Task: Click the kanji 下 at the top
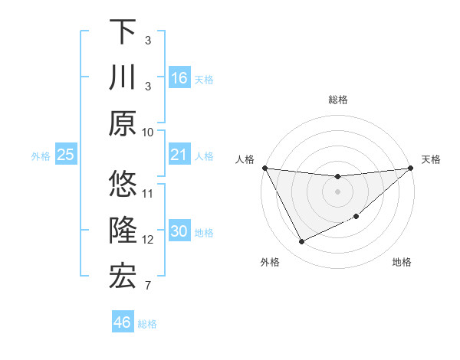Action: click(123, 31)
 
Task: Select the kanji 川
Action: click(123, 78)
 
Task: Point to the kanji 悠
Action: click(123, 185)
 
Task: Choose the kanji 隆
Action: click(123, 231)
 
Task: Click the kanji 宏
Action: click(123, 277)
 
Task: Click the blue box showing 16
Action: click(179, 78)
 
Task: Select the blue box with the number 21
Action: click(179, 155)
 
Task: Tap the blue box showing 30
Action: click(179, 232)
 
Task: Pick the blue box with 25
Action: click(66, 155)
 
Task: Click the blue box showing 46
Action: click(123, 322)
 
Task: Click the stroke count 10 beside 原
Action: click(148, 133)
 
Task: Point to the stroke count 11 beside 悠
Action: click(148, 193)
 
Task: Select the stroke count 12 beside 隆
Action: click(148, 240)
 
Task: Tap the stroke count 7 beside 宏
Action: click(148, 286)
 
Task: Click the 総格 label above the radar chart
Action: click(337, 100)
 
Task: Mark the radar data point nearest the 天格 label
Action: click(411, 169)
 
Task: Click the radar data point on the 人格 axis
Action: click(265, 168)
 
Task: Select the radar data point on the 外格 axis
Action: click(301, 242)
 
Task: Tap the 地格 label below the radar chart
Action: click(402, 263)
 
